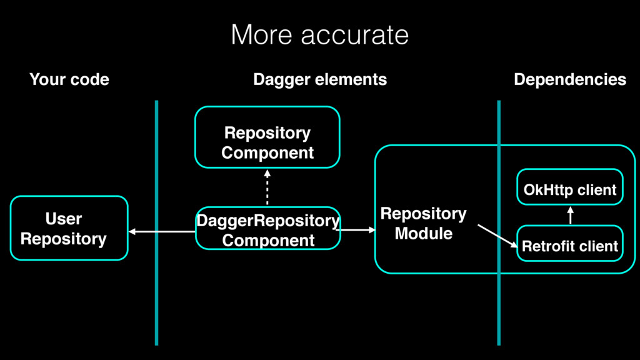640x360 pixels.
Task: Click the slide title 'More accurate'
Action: [319, 35]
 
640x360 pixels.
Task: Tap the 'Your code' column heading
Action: [69, 79]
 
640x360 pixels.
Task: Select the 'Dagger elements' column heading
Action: [320, 79]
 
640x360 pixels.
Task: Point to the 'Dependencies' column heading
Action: [570, 79]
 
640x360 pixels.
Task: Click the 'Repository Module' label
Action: [423, 223]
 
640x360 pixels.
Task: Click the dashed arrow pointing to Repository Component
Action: [267, 187]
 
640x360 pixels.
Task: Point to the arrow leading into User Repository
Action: [162, 231]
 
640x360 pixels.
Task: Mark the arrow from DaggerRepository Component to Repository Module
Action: [358, 230]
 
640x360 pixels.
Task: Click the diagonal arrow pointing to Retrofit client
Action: [497, 236]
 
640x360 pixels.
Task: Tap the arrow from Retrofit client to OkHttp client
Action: [570, 215]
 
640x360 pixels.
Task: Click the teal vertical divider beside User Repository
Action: [156, 223]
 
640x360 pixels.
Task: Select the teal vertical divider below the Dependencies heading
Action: [499, 223]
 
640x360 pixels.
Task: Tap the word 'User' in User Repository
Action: [64, 219]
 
